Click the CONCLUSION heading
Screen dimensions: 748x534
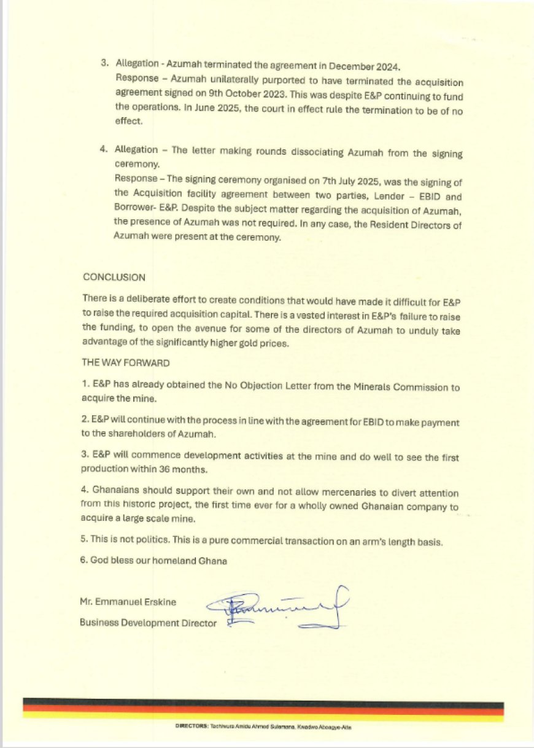coord(114,278)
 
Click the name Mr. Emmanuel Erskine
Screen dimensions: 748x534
coord(128,602)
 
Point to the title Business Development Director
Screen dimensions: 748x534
coord(148,623)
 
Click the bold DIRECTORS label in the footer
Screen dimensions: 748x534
coord(193,727)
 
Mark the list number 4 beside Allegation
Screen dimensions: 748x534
coord(104,150)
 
